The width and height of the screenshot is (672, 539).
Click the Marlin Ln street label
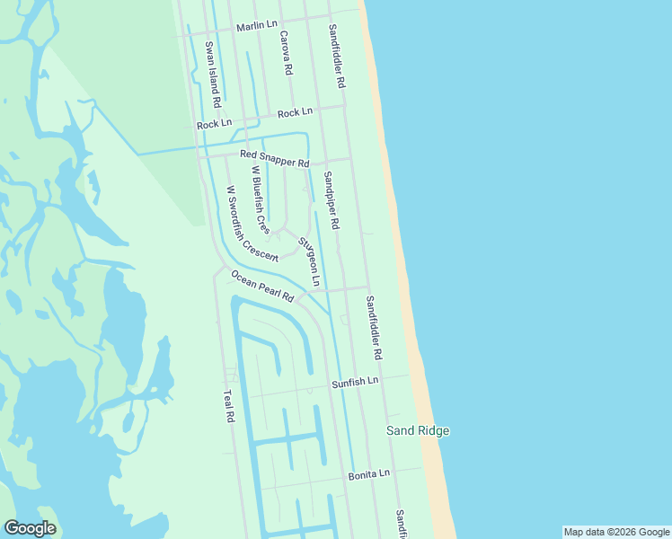pyautogui.click(x=257, y=26)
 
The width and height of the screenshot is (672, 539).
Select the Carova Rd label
pyautogui.click(x=286, y=53)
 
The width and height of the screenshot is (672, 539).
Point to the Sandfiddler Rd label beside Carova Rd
pyautogui.click(x=337, y=56)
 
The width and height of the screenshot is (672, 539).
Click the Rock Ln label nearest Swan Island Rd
pyautogui.click(x=214, y=124)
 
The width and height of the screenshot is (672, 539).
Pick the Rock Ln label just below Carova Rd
pyautogui.click(x=295, y=113)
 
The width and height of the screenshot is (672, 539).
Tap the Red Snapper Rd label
pyautogui.click(x=274, y=159)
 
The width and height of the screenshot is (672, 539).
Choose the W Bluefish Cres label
pyautogui.click(x=260, y=199)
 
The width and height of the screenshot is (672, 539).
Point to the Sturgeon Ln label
pyautogui.click(x=308, y=261)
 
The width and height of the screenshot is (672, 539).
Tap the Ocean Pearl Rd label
pyautogui.click(x=261, y=285)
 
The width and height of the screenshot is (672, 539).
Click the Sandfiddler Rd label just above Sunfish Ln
pyautogui.click(x=374, y=330)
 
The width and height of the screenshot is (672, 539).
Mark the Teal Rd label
pyautogui.click(x=228, y=405)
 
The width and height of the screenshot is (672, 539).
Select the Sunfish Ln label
pyautogui.click(x=355, y=382)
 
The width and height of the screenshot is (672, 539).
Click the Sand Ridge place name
pyautogui.click(x=418, y=431)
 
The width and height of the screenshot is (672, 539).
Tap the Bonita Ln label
pyautogui.click(x=369, y=473)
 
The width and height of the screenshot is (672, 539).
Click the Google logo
pyautogui.click(x=30, y=528)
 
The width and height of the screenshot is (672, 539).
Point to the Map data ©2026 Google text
pyautogui.click(x=616, y=532)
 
